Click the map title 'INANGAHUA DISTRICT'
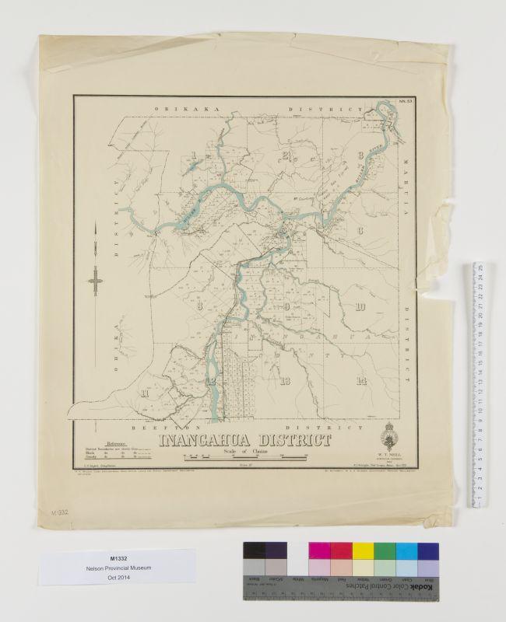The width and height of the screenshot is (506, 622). [245, 441]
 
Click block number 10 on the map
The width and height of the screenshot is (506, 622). [360, 306]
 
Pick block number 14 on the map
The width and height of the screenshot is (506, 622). [360, 380]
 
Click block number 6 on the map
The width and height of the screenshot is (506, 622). [360, 231]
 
